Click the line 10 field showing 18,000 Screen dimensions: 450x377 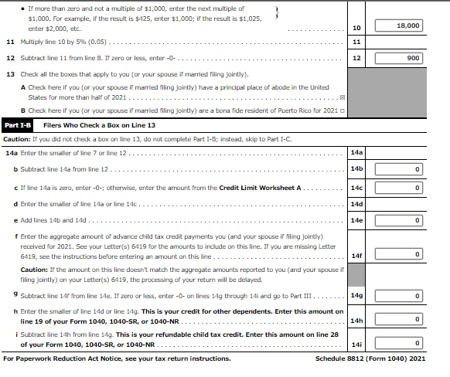tap(397, 25)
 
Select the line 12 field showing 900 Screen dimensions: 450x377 tap(397, 58)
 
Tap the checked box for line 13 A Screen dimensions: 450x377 tap(343, 98)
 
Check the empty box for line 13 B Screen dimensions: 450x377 tap(342, 111)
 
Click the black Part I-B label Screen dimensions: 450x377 tap(18, 124)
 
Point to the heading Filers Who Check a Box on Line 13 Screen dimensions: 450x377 tap(99, 124)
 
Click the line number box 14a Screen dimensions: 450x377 tap(356, 152)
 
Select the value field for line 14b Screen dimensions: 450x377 tap(397, 168)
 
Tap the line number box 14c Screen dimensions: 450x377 tap(356, 188)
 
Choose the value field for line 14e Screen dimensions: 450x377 tap(397, 220)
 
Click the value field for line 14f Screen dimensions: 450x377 tap(397, 254)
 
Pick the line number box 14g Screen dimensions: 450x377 tap(356, 296)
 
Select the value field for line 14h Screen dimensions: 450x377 tap(397, 320)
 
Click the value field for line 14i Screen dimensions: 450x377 tap(397, 344)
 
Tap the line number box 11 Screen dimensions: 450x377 tap(356, 41)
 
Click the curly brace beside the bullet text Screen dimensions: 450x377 tap(276, 10)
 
